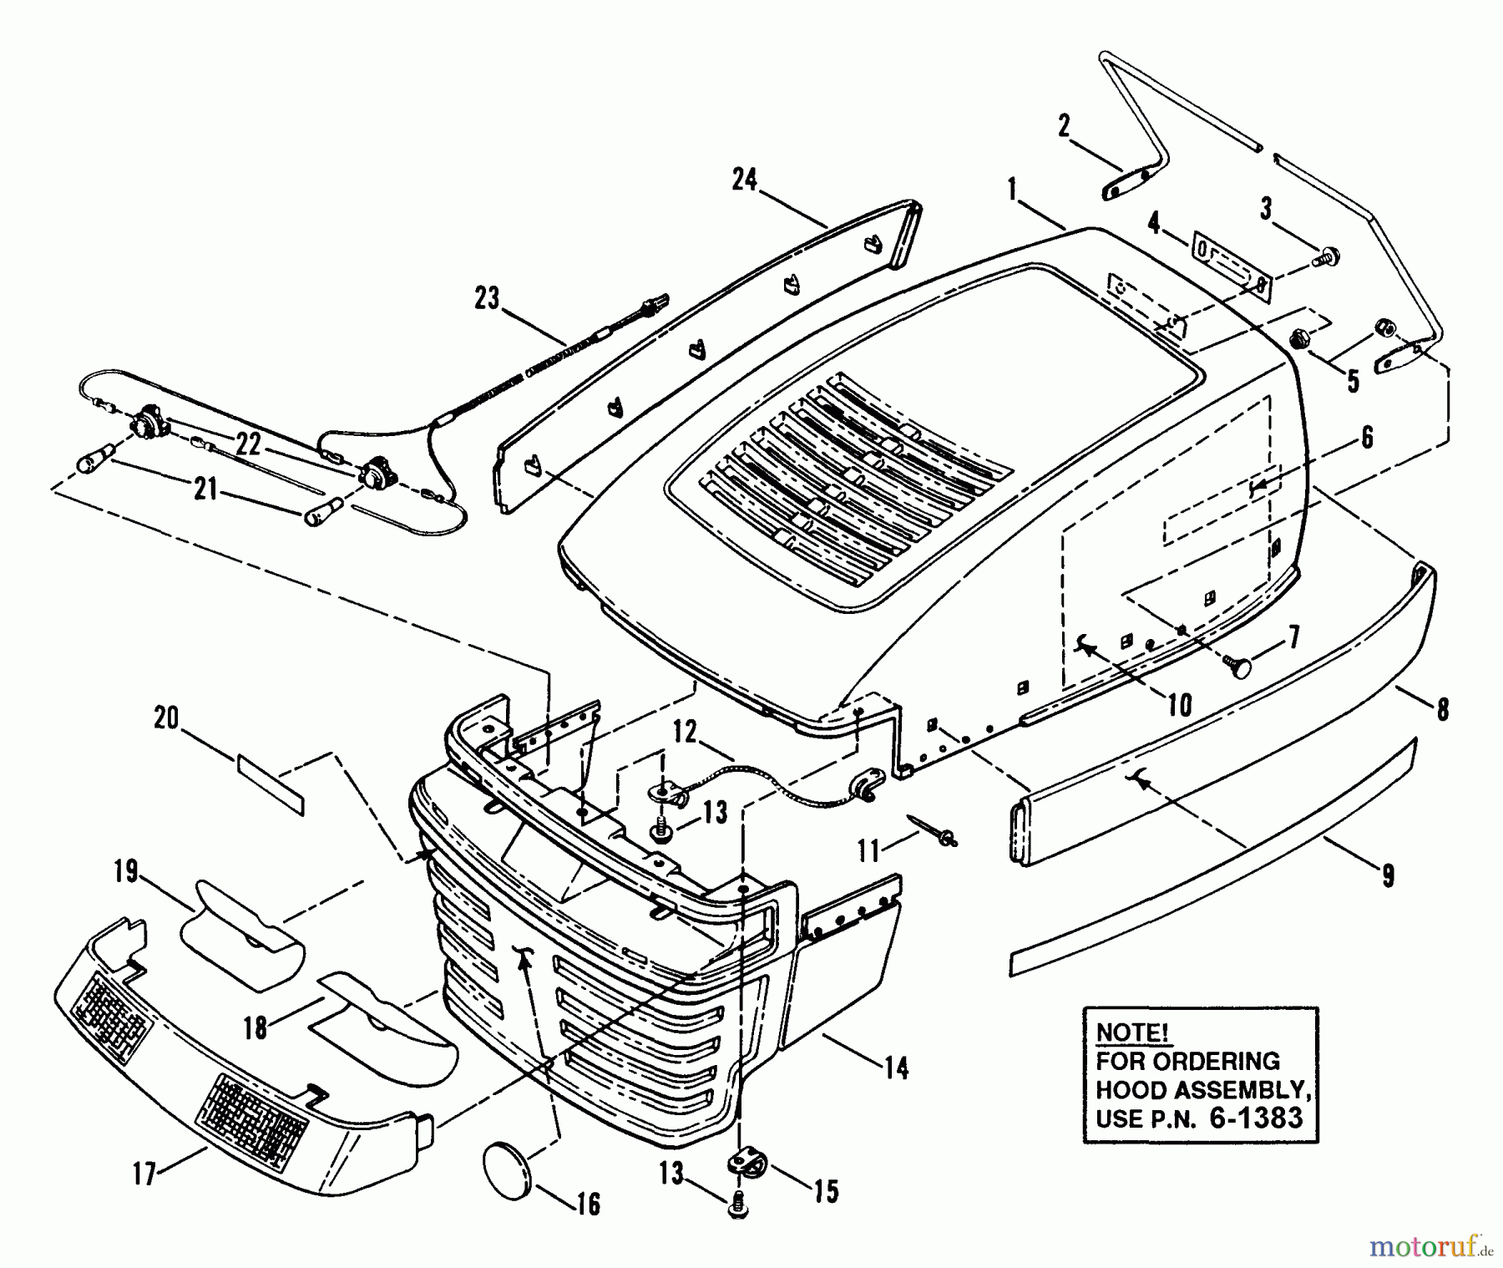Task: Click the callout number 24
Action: (744, 180)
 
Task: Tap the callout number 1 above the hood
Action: (1013, 190)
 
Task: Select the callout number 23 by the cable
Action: (486, 297)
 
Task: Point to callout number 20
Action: (167, 718)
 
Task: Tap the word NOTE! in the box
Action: (1132, 1032)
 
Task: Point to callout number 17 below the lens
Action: (144, 1174)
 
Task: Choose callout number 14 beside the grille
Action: (896, 1068)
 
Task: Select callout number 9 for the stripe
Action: (1387, 875)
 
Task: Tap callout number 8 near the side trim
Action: (1442, 708)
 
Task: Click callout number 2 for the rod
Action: (1064, 127)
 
